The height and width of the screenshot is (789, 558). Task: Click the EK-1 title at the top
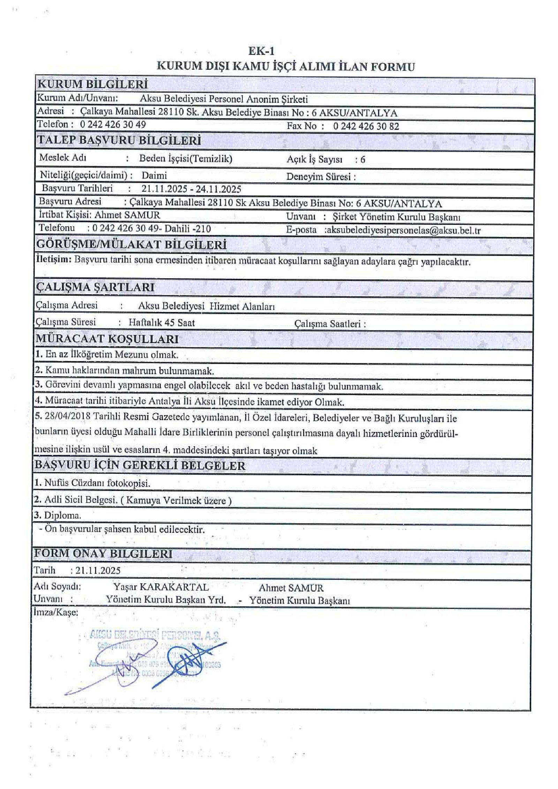261,51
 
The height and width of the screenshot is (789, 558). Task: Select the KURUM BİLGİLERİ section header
92,84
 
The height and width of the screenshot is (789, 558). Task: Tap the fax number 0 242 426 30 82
366,126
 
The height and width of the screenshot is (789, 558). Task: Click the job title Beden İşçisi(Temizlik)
186,159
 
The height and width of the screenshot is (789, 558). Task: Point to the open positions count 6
363,160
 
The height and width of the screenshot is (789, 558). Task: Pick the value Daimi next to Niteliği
154,175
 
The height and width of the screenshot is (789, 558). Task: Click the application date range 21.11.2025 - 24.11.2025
191,189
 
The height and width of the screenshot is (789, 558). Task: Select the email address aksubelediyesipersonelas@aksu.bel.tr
402,230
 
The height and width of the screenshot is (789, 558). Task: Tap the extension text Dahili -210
188,229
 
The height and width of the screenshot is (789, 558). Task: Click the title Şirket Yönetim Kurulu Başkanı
397,217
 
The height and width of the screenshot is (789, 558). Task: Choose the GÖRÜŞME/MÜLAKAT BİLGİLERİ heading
131,244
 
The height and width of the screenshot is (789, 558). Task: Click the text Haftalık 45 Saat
161,323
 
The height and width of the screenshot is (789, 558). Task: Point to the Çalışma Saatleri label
330,324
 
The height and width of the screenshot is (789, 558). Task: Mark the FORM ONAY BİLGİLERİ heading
103,553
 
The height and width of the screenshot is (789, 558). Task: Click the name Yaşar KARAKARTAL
161,587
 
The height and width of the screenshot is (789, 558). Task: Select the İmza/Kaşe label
56,613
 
